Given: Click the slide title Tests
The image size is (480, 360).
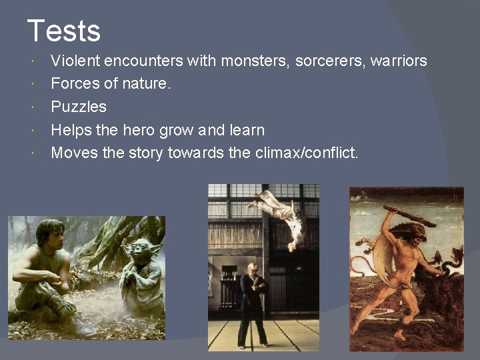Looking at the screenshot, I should point(64,31).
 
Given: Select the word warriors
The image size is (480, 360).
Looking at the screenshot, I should point(399,61).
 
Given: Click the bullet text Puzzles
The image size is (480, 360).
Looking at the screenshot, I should point(79,107).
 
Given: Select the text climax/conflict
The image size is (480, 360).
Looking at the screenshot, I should point(307,153).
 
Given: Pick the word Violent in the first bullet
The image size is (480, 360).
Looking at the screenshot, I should point(76,61).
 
